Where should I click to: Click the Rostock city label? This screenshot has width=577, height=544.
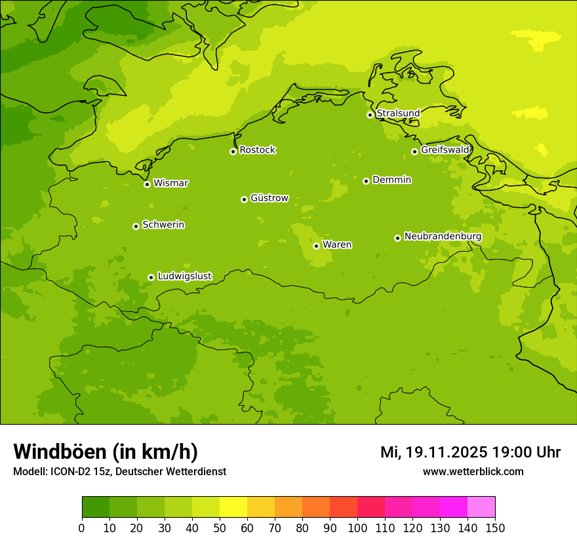pyautogui.click(x=257, y=150)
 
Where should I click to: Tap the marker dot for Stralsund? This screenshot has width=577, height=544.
pyautogui.click(x=370, y=115)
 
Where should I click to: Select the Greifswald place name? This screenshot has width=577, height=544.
pyautogui.click(x=445, y=150)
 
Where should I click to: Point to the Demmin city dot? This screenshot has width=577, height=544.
pyautogui.click(x=366, y=181)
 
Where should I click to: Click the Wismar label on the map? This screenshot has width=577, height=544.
pyautogui.click(x=170, y=184)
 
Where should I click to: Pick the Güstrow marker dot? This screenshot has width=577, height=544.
pyautogui.click(x=244, y=199)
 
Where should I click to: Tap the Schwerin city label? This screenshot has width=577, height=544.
pyautogui.click(x=163, y=225)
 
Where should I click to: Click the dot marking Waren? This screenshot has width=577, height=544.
pyautogui.click(x=316, y=246)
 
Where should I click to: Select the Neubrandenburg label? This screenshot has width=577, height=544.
pyautogui.click(x=443, y=237)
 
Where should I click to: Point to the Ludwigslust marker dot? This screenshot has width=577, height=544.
pyautogui.click(x=151, y=277)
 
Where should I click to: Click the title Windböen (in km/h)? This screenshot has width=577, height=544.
pyautogui.click(x=106, y=452)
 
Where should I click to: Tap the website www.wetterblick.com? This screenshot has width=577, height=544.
pyautogui.click(x=473, y=471)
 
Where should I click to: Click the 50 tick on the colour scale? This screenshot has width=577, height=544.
pyautogui.click(x=220, y=528)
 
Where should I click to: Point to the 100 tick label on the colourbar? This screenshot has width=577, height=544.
pyautogui.click(x=357, y=528)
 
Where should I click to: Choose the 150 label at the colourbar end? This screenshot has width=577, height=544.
pyautogui.click(x=495, y=528)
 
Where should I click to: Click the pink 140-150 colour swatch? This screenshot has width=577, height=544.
pyautogui.click(x=481, y=507)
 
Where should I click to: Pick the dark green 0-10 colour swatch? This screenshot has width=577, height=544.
pyautogui.click(x=96, y=507)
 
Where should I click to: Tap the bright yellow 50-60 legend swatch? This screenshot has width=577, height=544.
pyautogui.click(x=233, y=507)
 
